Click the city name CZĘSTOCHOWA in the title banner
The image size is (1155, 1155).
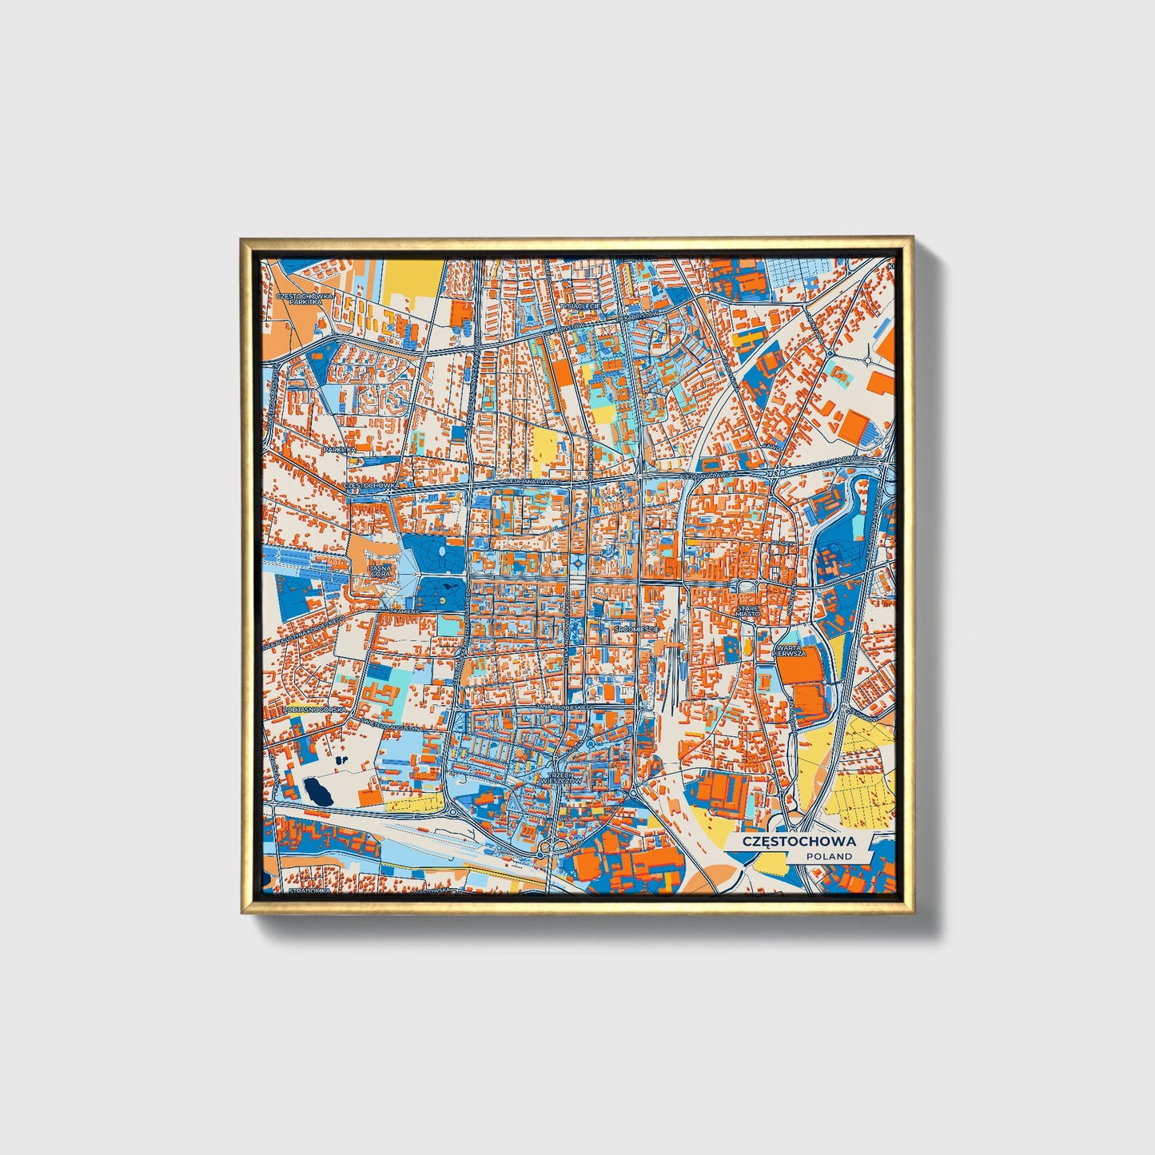tap(799, 842)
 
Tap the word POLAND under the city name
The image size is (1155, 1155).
tap(829, 856)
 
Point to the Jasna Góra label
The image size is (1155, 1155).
tap(380, 571)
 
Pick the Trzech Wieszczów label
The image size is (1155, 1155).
tap(557, 779)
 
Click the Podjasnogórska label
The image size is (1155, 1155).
tap(305, 709)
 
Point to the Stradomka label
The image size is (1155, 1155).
tap(305, 890)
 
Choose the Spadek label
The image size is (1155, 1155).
tap(783, 544)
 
